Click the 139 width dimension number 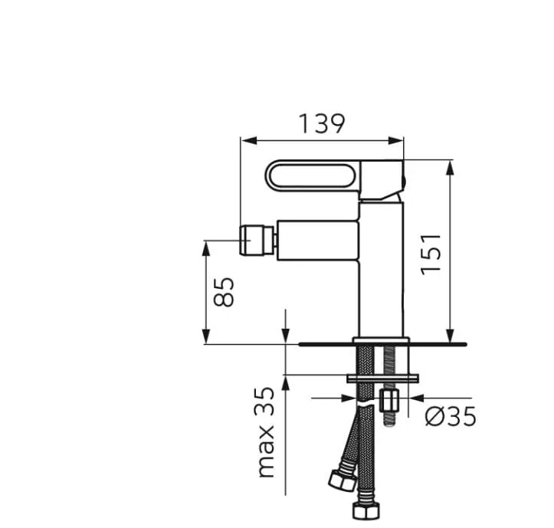322,123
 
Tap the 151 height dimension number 431,253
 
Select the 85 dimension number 223,292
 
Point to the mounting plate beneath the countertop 383,377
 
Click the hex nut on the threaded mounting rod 390,400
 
